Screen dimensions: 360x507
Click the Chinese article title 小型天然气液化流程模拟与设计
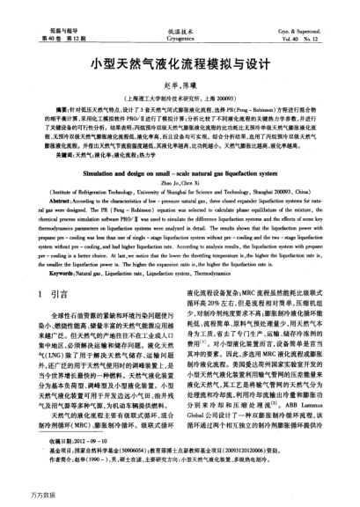(180, 66)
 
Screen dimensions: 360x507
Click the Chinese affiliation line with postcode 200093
(180, 96)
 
